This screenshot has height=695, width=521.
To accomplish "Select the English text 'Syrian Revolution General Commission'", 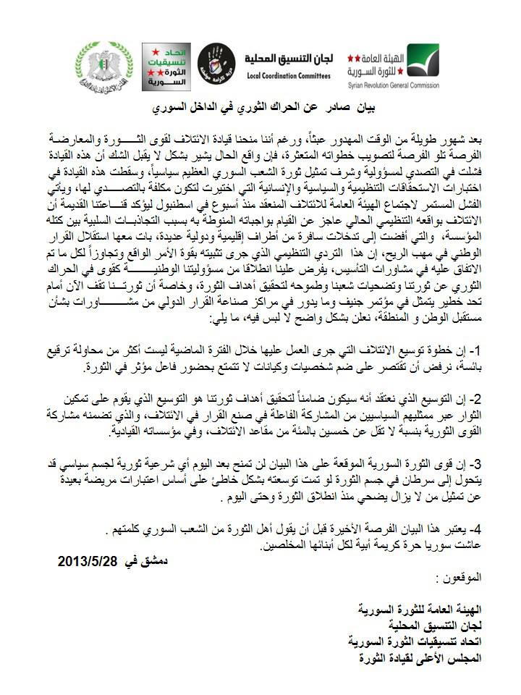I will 393,85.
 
